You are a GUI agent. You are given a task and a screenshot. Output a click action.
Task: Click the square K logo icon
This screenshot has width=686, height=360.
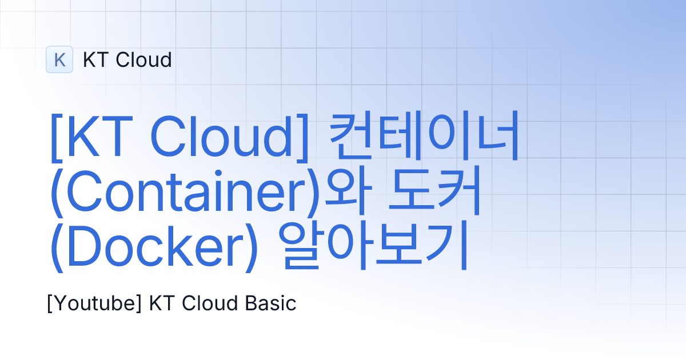click(x=59, y=59)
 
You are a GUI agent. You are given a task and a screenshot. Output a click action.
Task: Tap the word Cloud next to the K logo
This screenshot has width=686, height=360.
click(x=142, y=59)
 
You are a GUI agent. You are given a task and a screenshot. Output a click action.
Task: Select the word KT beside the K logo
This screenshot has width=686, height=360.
click(x=95, y=59)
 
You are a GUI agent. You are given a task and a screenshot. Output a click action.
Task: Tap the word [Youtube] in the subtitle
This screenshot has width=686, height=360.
click(x=94, y=303)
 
